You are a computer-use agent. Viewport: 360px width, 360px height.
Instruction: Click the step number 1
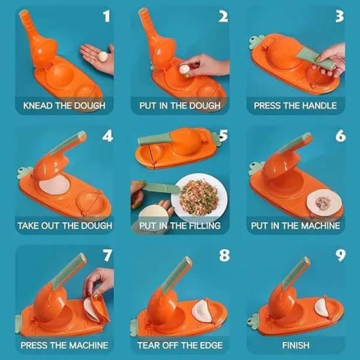click(x=106, y=16)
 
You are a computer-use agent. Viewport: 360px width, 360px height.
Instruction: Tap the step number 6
click(x=340, y=136)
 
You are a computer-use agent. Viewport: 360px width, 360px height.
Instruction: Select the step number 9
click(x=341, y=256)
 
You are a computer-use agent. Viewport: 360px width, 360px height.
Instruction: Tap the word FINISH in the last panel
click(x=296, y=345)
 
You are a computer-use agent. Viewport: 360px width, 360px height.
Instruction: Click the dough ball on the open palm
click(x=103, y=56)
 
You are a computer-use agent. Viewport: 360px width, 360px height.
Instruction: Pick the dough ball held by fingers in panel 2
click(x=184, y=69)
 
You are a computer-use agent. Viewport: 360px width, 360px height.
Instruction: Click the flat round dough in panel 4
click(x=54, y=184)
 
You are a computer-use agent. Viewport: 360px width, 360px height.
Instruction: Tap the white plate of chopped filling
click(x=199, y=195)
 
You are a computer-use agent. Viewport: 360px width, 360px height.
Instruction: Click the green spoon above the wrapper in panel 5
click(x=161, y=188)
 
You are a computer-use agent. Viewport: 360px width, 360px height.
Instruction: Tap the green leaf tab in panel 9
click(x=253, y=319)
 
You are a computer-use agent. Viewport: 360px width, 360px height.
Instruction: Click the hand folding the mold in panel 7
click(x=99, y=282)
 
